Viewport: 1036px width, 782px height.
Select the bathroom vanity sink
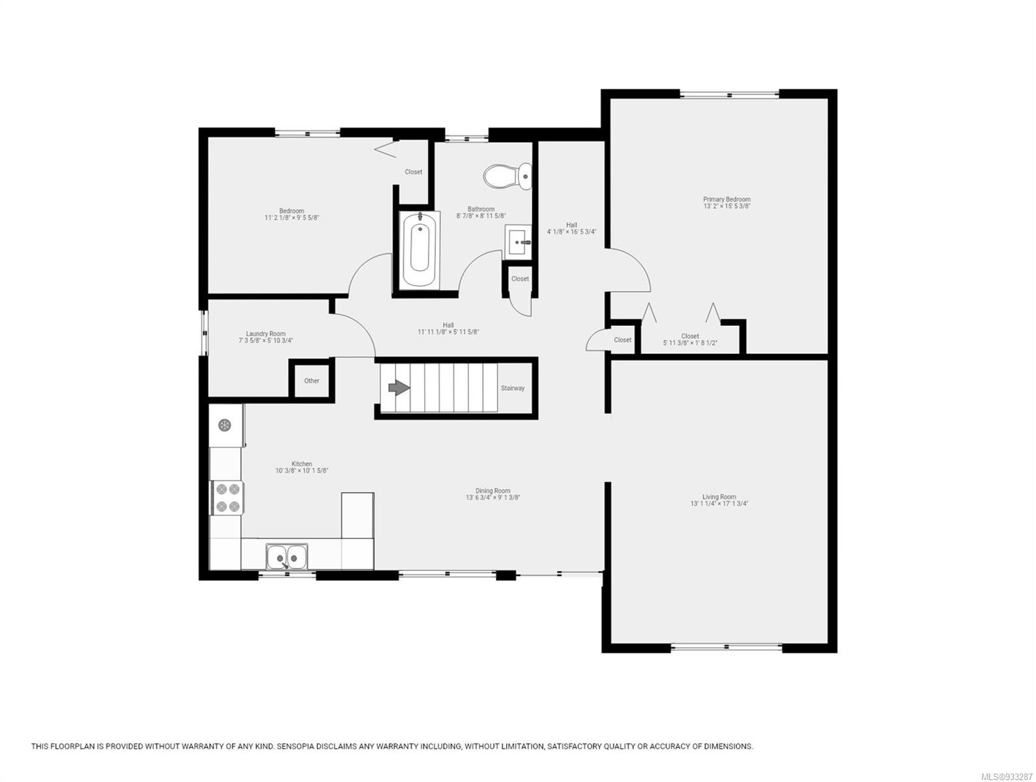[x=518, y=242]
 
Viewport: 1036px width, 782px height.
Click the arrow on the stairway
[x=399, y=388]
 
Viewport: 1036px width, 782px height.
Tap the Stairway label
[x=512, y=388]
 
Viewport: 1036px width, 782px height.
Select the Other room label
[x=311, y=381]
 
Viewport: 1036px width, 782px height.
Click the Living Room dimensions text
[x=719, y=504]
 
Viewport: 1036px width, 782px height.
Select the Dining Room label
[x=493, y=491]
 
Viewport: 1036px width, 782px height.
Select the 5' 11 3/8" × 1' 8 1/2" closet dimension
[x=690, y=343]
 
